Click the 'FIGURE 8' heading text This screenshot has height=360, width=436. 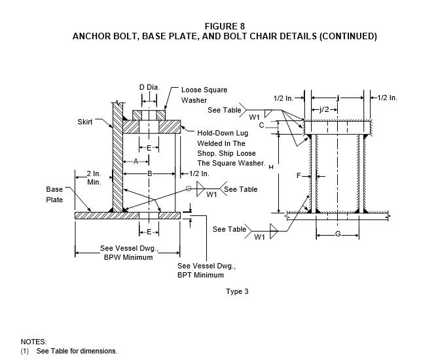click(225, 26)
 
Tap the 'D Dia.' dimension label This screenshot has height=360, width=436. click(149, 87)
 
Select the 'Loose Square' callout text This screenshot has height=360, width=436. click(204, 90)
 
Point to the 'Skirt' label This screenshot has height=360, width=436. click(85, 122)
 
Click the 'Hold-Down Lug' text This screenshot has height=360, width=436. click(223, 133)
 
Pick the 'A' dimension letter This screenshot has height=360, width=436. click(136, 161)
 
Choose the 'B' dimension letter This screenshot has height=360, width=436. click(150, 173)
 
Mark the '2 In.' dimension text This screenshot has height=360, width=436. click(94, 173)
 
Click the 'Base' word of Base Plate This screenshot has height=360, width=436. click(54, 189)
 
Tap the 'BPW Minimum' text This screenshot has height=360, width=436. click(128, 257)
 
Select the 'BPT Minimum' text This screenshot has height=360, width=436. click(200, 275)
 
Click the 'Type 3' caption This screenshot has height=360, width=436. click(237, 291)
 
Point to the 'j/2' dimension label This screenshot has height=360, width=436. click(324, 109)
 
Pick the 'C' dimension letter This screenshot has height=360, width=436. click(261, 126)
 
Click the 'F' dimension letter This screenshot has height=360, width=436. click(299, 175)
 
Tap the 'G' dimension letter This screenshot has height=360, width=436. click(338, 234)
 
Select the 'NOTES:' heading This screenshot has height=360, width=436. click(33, 342)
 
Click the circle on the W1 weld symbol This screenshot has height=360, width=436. click(189, 189)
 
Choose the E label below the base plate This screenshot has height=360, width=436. click(149, 232)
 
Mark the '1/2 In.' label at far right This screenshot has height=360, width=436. click(387, 98)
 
